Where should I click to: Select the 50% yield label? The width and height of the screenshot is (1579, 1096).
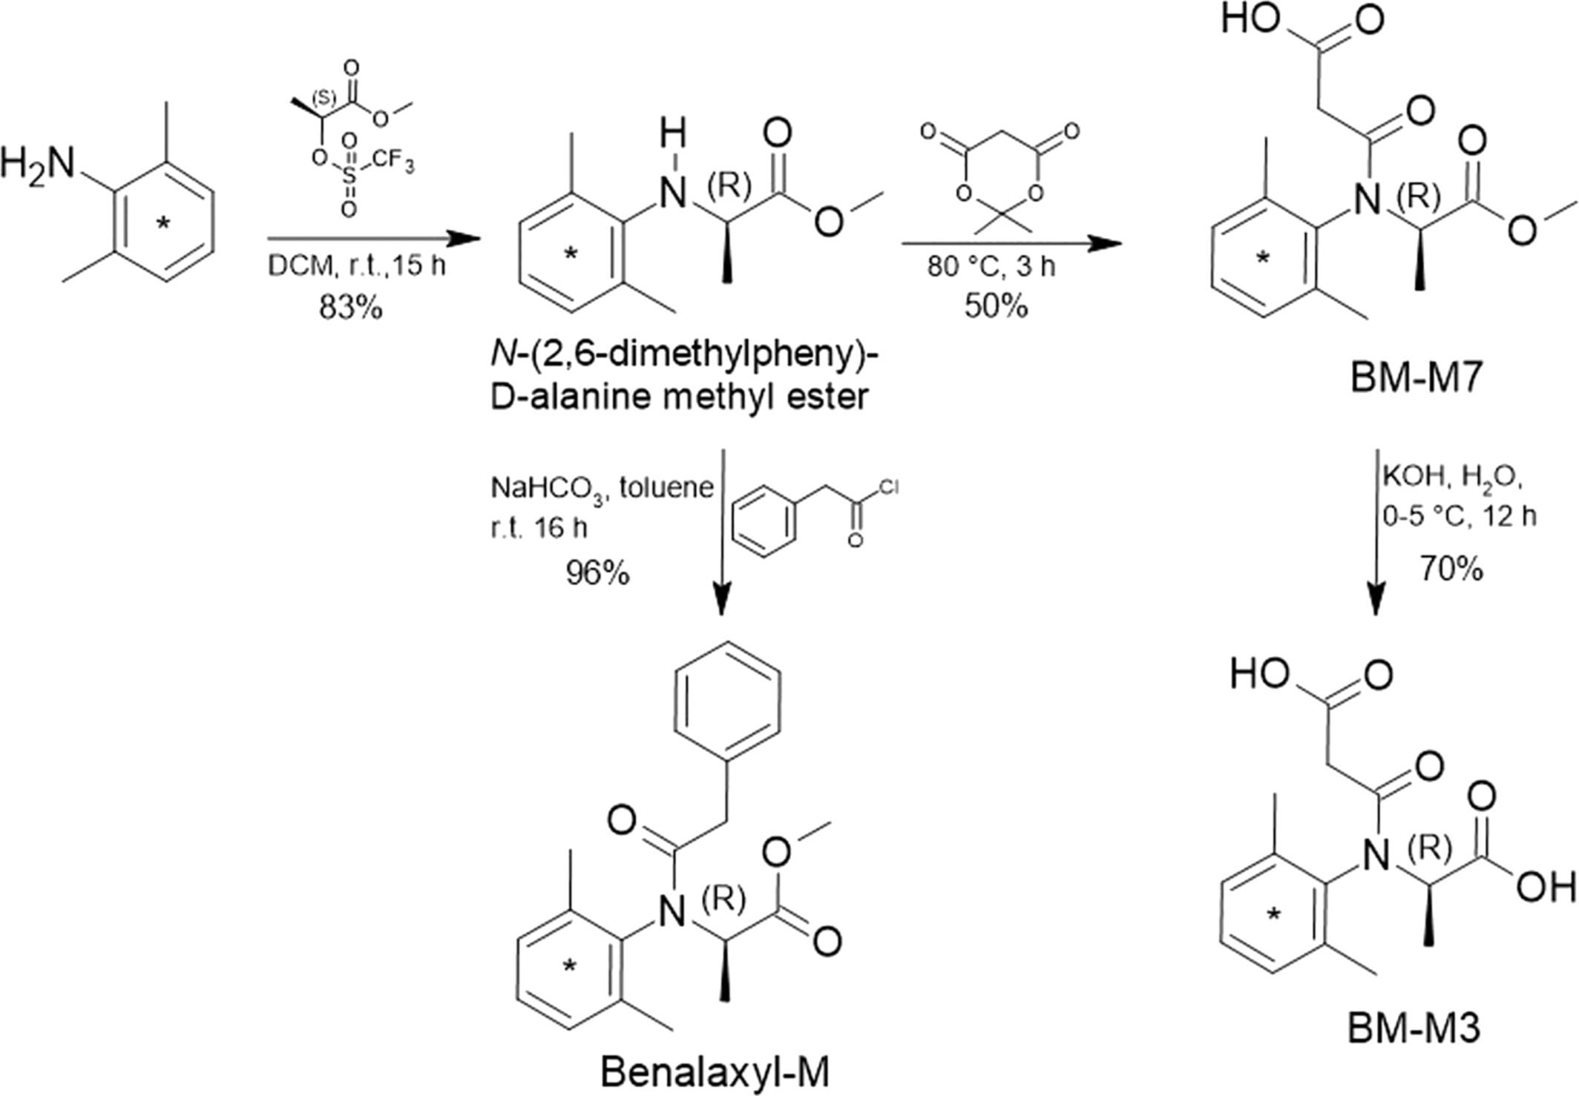click(996, 305)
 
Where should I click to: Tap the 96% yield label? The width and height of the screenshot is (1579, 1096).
click(597, 573)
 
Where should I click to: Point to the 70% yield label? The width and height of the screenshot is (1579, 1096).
click(1451, 569)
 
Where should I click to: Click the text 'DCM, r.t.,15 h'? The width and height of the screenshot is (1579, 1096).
click(357, 265)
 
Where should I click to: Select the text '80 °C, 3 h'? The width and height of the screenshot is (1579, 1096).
click(991, 265)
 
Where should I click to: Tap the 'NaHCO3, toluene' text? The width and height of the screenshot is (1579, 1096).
click(602, 487)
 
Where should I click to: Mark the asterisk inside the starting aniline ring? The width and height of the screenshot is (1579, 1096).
click(163, 223)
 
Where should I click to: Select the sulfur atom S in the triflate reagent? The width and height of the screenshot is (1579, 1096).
click(349, 176)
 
